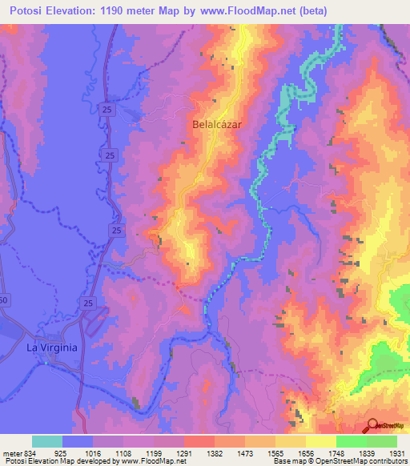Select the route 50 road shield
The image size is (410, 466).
tap(3, 299)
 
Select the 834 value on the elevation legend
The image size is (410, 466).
tap(22, 453)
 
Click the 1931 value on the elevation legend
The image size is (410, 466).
tap(396, 453)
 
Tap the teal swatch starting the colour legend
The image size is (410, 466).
tap(46, 441)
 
